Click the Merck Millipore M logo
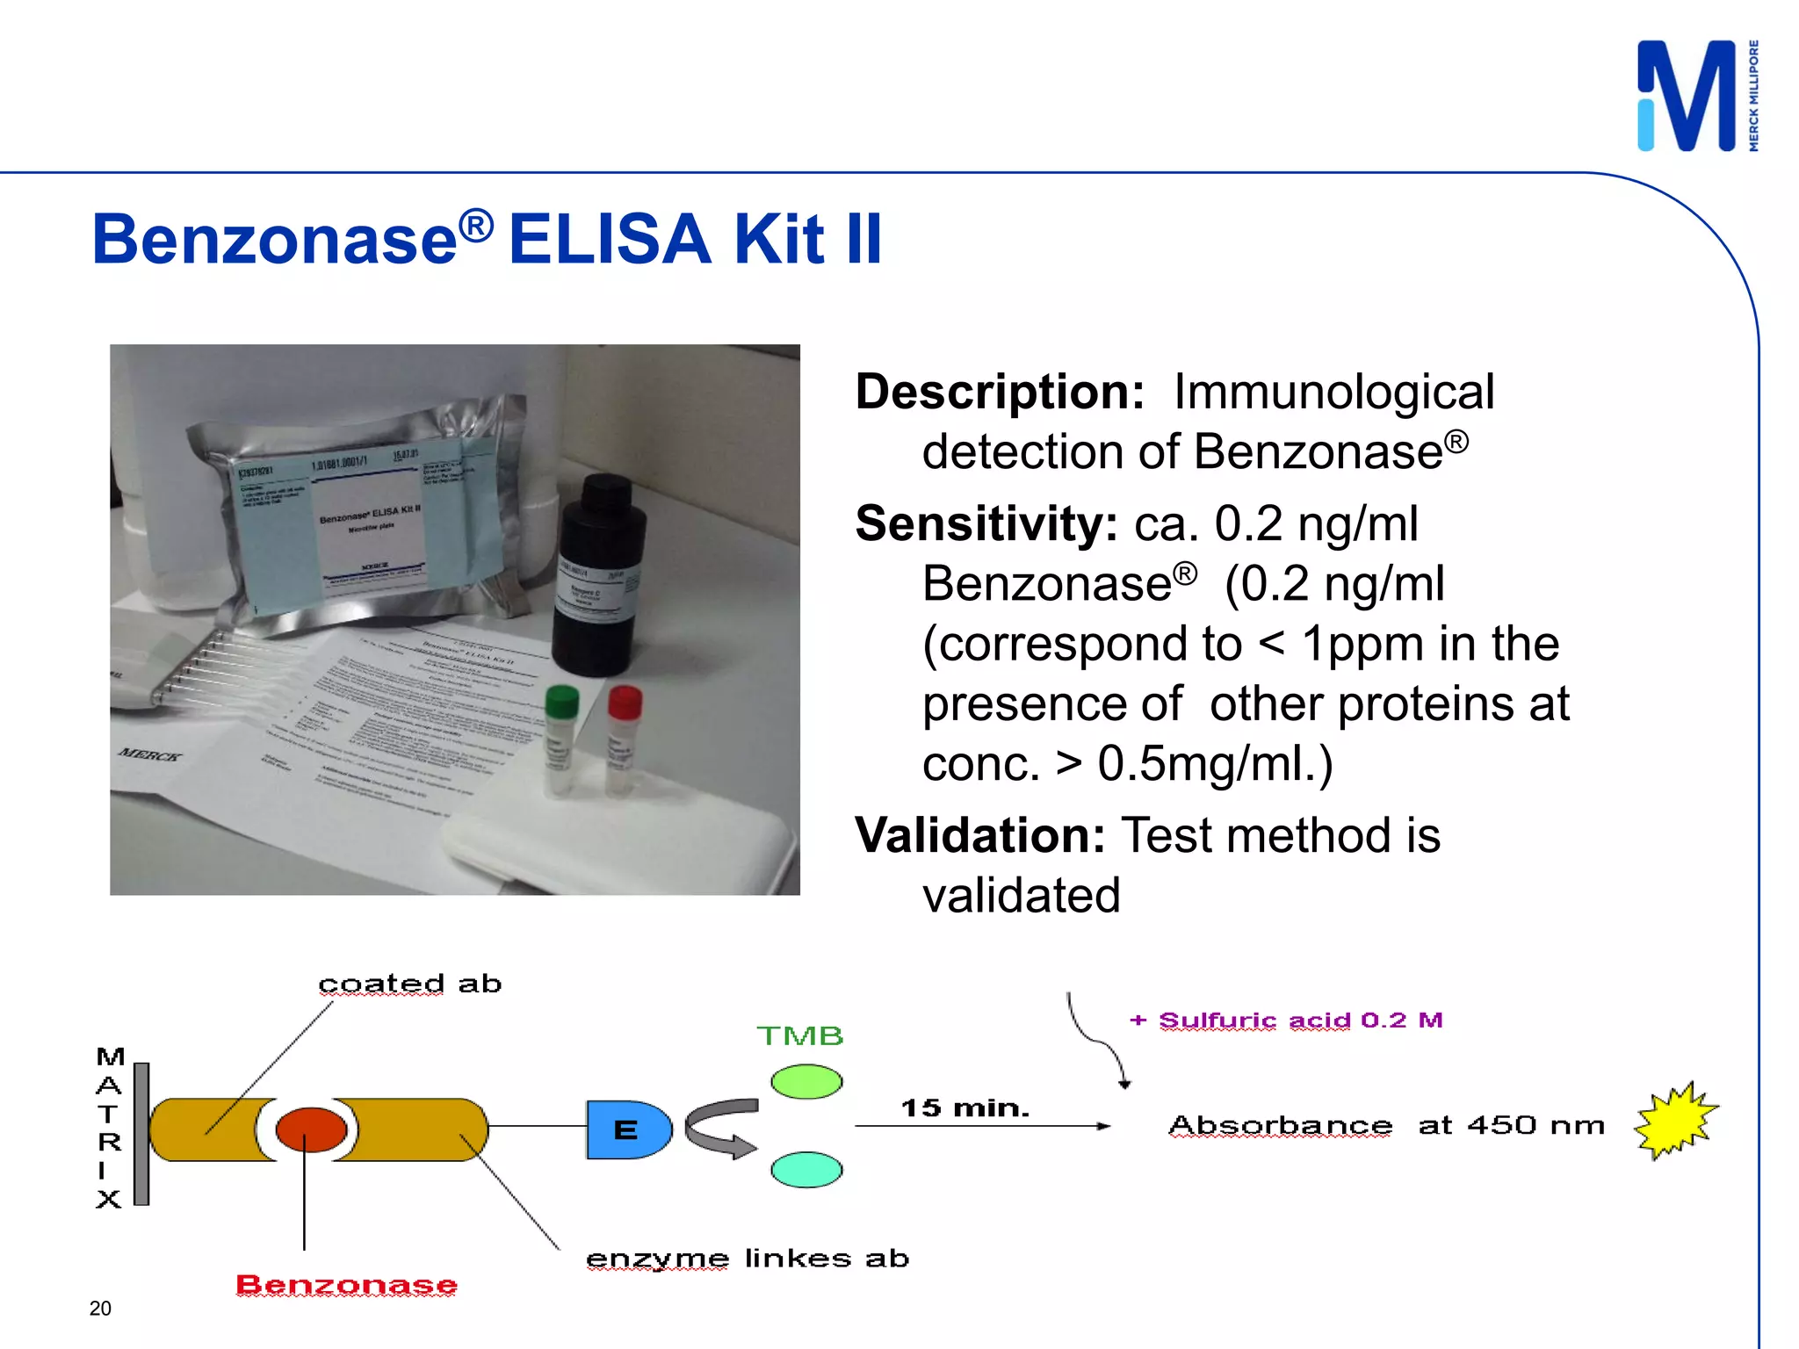[1687, 96]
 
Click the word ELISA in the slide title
[609, 239]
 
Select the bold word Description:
[1000, 392]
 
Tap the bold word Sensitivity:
[986, 524]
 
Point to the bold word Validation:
[979, 835]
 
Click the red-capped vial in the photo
[623, 738]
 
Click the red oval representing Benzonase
[311, 1129]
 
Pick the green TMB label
[799, 1036]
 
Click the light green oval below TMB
[806, 1081]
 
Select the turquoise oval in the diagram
[806, 1170]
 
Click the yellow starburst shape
[1674, 1122]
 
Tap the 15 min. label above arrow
[965, 1108]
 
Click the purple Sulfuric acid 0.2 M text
[1287, 1021]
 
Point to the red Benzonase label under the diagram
[346, 1285]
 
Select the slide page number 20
[100, 1309]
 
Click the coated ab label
[409, 984]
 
